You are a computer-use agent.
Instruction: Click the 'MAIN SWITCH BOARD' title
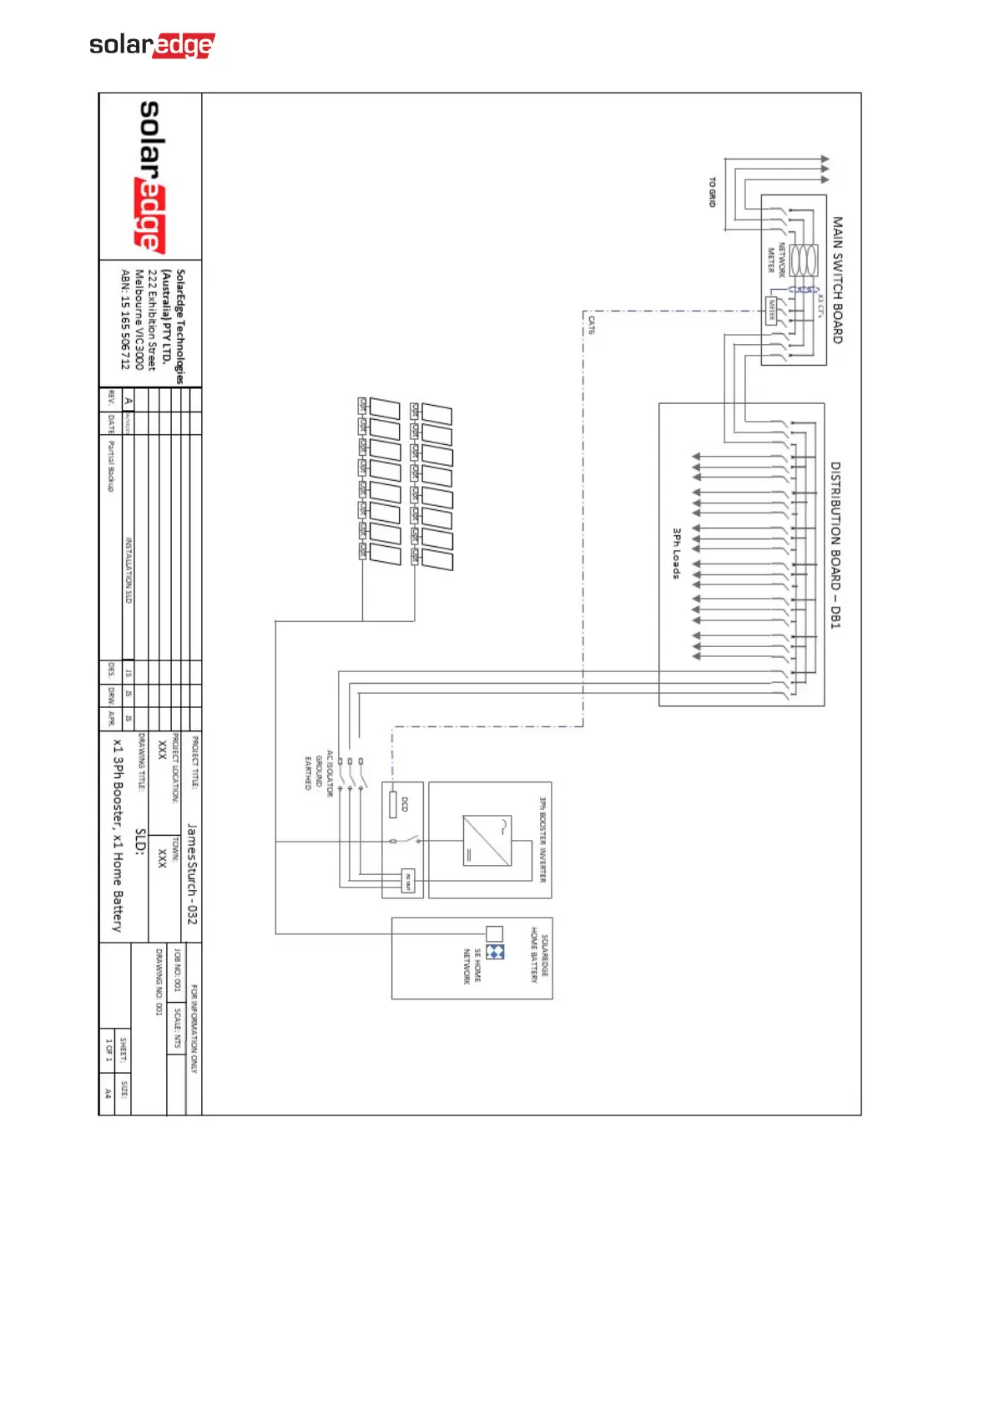(837, 281)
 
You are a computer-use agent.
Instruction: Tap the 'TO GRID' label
(712, 193)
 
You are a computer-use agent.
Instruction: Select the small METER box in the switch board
(771, 311)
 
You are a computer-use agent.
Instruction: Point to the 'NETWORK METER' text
(776, 258)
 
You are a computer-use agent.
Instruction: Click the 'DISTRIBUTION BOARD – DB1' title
(835, 545)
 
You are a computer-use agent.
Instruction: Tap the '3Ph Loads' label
(677, 553)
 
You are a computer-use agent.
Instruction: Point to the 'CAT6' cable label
(592, 325)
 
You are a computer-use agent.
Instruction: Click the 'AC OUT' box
(407, 881)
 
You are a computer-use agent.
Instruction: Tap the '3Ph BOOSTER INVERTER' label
(542, 839)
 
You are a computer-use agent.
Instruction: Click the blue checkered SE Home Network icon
(495, 952)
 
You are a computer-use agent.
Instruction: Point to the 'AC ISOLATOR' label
(330, 773)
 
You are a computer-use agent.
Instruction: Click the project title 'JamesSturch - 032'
(192, 873)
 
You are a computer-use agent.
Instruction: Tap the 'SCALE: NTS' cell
(177, 1029)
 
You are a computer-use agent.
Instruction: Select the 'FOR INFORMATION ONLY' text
(194, 1029)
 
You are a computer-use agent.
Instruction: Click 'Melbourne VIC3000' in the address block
(139, 320)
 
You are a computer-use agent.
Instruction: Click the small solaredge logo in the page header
(152, 45)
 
